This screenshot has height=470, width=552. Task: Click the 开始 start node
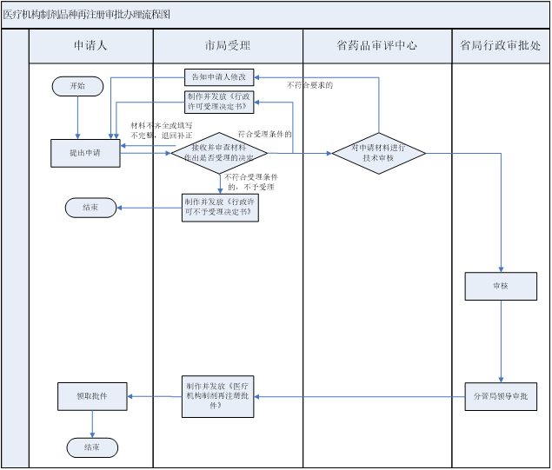coord(77,86)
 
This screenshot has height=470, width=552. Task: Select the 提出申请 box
coord(84,152)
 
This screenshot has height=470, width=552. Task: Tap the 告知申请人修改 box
coord(218,76)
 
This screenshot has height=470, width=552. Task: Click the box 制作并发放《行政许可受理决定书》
coord(219,102)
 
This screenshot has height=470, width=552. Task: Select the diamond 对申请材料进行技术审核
coord(378,153)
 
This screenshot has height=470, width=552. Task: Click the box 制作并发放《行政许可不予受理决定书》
coord(219,207)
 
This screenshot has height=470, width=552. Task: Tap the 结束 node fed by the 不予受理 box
coord(90,208)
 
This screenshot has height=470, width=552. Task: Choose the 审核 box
coord(501,286)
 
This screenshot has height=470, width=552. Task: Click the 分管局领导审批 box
coord(501,396)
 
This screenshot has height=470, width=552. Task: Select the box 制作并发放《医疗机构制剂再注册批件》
coord(219,395)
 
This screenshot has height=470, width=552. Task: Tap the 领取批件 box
coord(93,396)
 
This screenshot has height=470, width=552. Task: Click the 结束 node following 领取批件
coord(92,447)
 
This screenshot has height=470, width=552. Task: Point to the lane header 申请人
coord(90,46)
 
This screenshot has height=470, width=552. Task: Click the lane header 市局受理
coord(227,46)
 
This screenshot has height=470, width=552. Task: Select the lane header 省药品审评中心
coord(376,46)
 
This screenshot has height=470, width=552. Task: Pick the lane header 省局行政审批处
coord(500,46)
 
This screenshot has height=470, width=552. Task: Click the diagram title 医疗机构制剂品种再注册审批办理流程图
coord(87,15)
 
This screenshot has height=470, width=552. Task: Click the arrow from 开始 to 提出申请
coord(77,117)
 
